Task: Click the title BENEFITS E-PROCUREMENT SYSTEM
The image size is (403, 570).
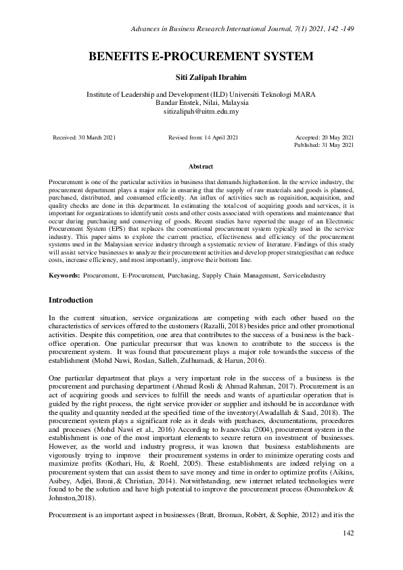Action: point(201,58)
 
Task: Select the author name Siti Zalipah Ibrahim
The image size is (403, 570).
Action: point(201,79)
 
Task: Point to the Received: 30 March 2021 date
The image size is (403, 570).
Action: point(85,137)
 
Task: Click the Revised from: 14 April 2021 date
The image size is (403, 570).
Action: point(203,137)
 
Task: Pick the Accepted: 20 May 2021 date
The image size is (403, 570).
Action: point(325,137)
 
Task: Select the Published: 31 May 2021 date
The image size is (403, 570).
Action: point(324,145)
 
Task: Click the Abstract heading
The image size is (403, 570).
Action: point(201,167)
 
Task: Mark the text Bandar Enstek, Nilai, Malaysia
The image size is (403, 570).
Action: point(201,103)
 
